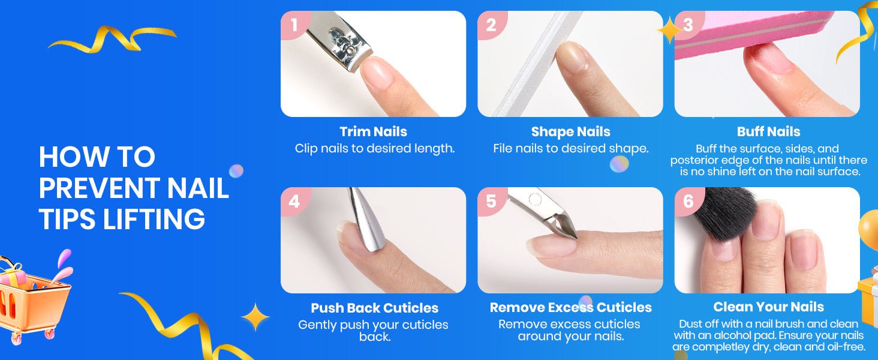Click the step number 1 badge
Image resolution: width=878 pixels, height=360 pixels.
point(294,25)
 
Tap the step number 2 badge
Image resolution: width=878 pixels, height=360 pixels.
point(491,25)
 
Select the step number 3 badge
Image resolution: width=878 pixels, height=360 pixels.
point(688,25)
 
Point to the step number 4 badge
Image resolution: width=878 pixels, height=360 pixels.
point(294,201)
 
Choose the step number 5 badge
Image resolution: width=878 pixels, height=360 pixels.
point(491,201)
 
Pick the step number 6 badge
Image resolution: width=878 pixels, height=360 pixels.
point(688,201)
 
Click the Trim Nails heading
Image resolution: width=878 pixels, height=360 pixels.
point(373,132)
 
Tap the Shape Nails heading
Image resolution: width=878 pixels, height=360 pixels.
point(571,132)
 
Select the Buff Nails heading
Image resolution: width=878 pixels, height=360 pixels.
point(769,132)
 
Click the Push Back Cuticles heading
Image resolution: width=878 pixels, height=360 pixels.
point(374,308)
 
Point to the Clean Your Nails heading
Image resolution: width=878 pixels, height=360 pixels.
point(769,307)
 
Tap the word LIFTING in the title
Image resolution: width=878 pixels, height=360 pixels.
point(154,219)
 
